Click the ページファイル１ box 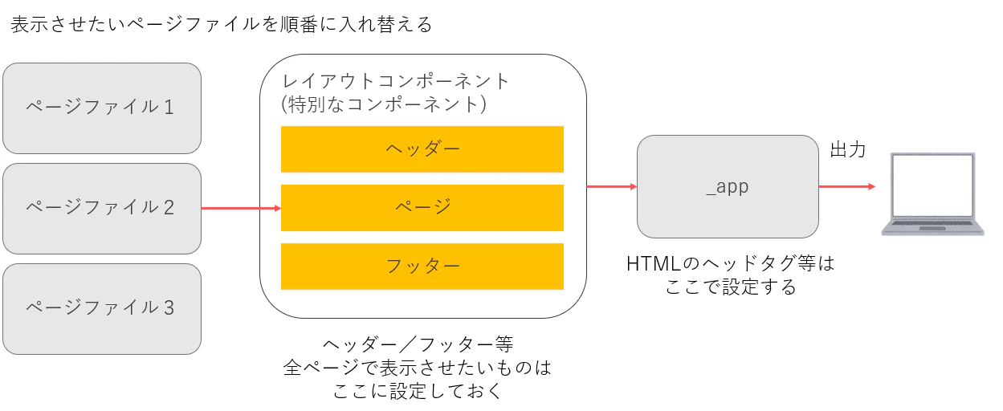[102, 108]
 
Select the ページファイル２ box [102, 209]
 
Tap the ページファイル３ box [102, 309]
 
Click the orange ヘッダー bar [422, 149]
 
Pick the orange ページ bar [422, 208]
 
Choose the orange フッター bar [422, 267]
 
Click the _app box [728, 187]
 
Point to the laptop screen [932, 185]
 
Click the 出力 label [848, 149]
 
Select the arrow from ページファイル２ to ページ [242, 208]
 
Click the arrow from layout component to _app [612, 186]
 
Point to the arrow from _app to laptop [847, 186]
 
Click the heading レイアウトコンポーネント [396, 81]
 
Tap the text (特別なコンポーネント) [384, 104]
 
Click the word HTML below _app [654, 264]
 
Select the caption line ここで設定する [731, 287]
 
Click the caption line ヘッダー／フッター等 [418, 344]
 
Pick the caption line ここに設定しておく [418, 391]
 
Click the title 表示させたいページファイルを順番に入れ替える [222, 24]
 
